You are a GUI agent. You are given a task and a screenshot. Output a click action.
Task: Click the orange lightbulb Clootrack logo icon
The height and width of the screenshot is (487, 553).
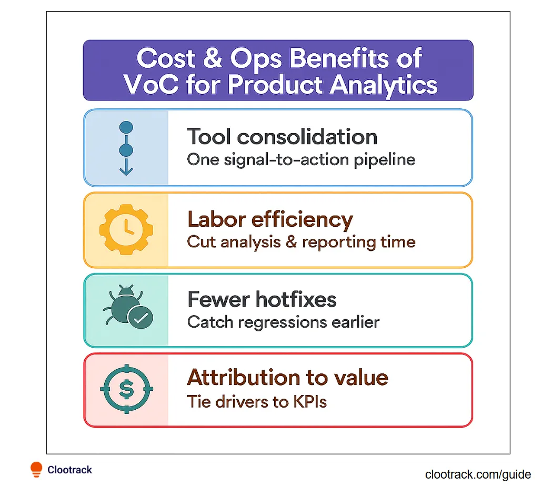pos(36,469)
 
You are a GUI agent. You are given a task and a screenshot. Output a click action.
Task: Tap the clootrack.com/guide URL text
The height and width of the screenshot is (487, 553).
pos(478,474)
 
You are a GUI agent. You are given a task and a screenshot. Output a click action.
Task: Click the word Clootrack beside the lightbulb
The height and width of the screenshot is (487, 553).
pos(69,470)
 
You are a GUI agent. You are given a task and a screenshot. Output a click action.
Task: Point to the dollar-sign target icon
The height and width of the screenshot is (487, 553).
pos(126,390)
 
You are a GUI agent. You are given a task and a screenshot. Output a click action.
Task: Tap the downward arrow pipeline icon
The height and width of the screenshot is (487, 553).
pos(126,149)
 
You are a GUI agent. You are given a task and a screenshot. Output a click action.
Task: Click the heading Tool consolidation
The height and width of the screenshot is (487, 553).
pos(282,137)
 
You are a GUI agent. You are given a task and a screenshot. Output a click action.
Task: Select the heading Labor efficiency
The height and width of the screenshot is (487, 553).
pos(270,219)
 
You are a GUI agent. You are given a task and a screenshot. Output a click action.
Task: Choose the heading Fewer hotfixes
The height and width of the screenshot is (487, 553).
pos(262,300)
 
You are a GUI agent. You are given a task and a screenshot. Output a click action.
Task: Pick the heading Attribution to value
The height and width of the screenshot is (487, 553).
pos(288,378)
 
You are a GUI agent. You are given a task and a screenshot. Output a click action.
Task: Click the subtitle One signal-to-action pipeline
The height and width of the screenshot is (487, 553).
pos(301,159)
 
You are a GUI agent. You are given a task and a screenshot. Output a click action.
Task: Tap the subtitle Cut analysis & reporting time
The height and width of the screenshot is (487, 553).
pos(301,242)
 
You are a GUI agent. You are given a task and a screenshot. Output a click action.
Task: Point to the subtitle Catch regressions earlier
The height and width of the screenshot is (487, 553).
pos(283,322)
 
